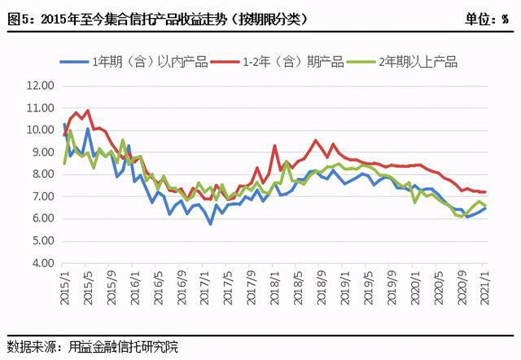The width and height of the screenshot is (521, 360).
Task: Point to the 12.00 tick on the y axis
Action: pos(39,85)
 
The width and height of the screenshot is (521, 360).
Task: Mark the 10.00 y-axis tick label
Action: pos(39,130)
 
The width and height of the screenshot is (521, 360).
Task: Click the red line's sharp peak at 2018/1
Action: pos(274,145)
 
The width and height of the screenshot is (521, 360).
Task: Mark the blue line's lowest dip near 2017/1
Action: pos(210,224)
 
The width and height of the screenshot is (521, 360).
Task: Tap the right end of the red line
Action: pos(486,192)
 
